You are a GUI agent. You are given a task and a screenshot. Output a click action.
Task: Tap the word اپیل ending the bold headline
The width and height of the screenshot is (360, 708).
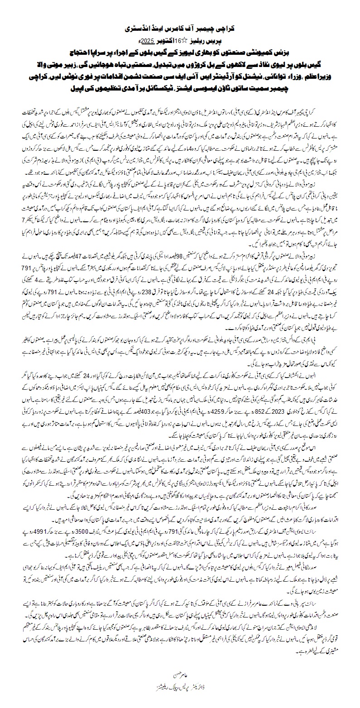click(113, 84)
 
